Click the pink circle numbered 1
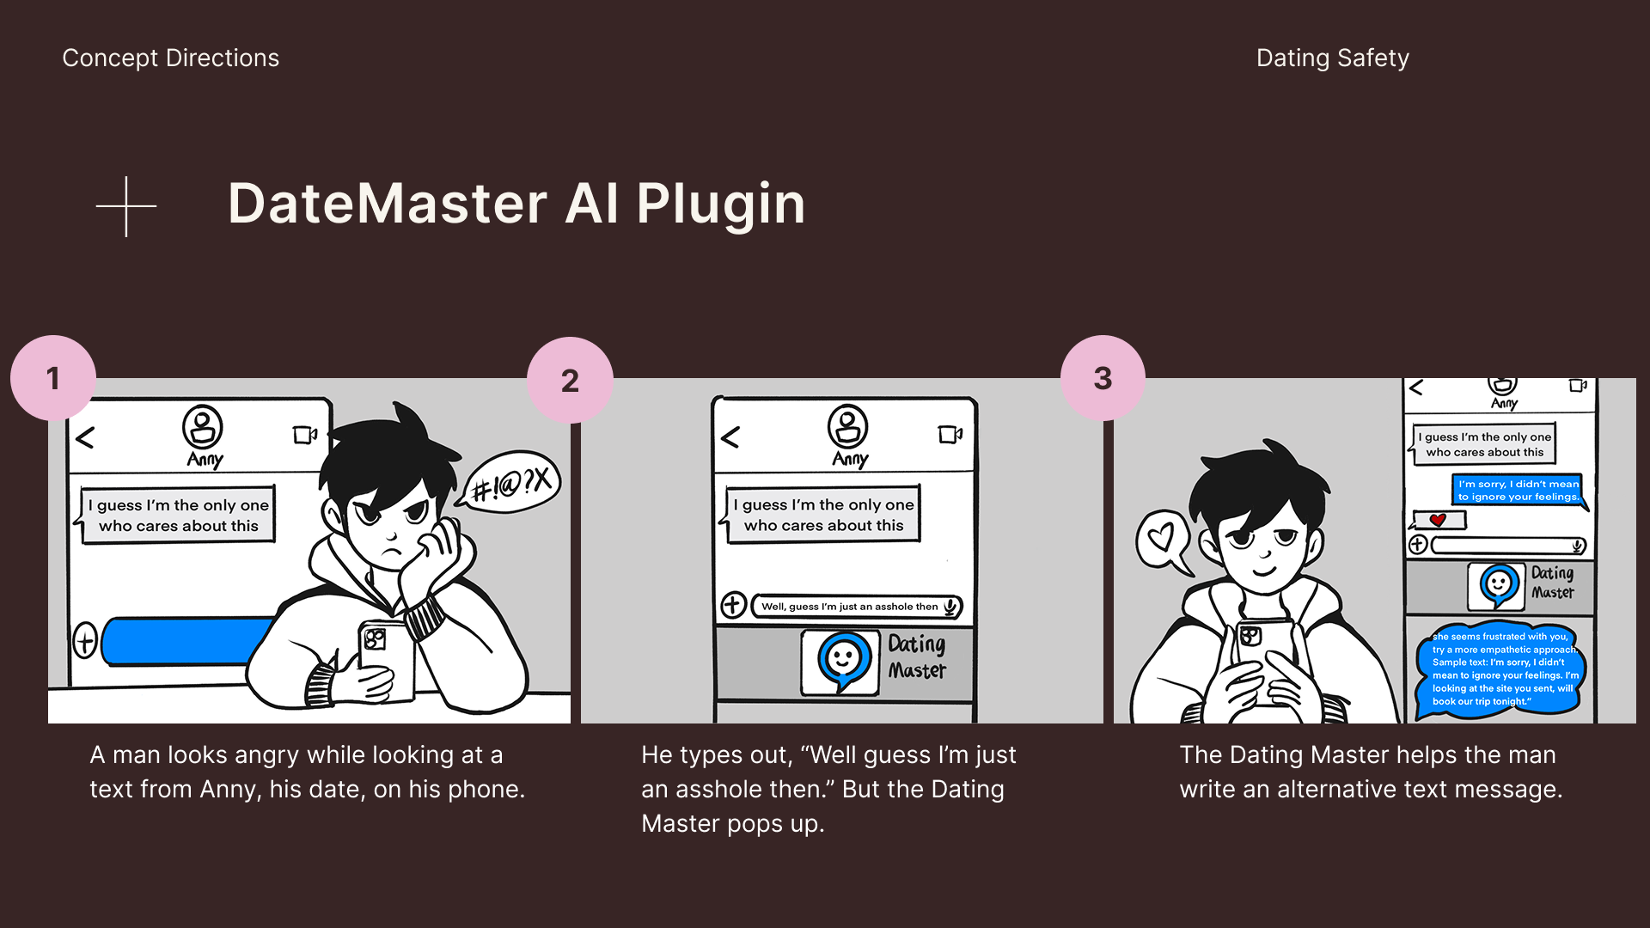click(x=53, y=378)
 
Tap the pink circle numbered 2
click(x=570, y=380)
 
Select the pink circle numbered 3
click(x=1103, y=378)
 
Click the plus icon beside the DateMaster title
click(x=126, y=206)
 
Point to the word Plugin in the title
click(x=721, y=205)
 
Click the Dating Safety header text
click(x=1333, y=58)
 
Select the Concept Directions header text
click(x=171, y=58)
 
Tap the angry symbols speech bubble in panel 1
click(x=510, y=484)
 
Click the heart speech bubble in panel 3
click(x=1162, y=541)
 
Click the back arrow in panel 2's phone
click(x=730, y=437)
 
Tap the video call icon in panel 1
click(x=305, y=435)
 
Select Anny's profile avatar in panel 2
click(x=847, y=427)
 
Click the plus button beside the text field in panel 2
click(x=732, y=605)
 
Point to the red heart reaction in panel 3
click(x=1438, y=520)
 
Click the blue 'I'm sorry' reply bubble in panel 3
click(x=1518, y=490)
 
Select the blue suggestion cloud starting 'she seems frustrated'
click(x=1501, y=669)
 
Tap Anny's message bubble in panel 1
click(x=179, y=515)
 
